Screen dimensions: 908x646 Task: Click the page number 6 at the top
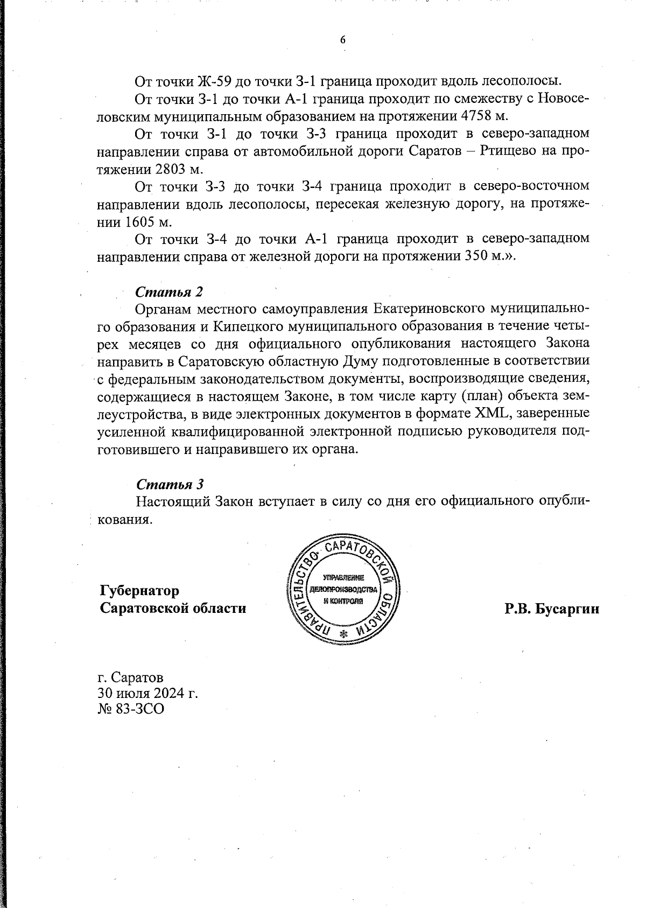342,40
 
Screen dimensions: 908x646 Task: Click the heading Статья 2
169,292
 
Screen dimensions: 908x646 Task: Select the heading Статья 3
170,484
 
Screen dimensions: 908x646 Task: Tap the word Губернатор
139,591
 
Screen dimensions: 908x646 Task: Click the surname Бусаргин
568,609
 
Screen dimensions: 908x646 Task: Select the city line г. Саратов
131,676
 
